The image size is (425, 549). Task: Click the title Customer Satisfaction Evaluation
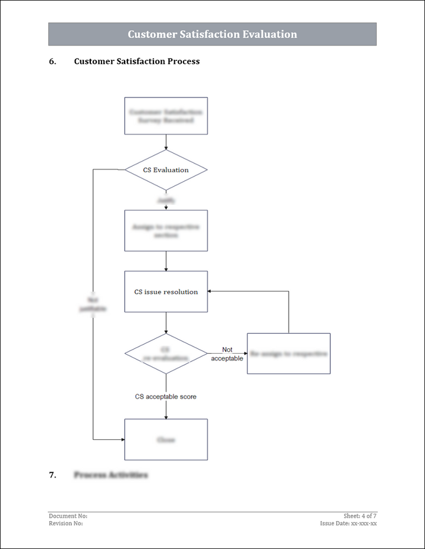coord(212,34)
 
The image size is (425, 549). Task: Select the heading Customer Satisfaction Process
coord(136,61)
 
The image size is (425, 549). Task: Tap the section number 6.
coord(53,61)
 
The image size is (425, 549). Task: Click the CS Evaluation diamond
coord(166,170)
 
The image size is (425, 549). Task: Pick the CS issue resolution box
coord(166,292)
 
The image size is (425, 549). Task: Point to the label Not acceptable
coord(227,354)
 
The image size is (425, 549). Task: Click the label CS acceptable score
coord(166,397)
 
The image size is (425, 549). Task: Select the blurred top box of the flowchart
coord(166,116)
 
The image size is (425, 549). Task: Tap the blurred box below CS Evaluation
coord(166,231)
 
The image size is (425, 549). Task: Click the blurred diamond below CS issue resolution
coord(166,354)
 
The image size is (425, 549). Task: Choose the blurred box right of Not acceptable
coord(289,354)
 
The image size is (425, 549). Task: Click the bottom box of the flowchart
coord(166,440)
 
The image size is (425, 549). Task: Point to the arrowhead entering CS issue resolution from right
coord(211,291)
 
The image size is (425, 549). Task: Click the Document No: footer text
coord(68,516)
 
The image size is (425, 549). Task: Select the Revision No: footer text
coord(66,523)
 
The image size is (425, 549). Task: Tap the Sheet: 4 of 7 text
coord(360,516)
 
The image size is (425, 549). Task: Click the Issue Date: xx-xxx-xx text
coord(348,523)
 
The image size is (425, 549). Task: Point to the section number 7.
coord(53,475)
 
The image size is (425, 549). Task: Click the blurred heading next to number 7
coord(111,475)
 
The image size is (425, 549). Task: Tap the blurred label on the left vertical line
coord(93,304)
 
